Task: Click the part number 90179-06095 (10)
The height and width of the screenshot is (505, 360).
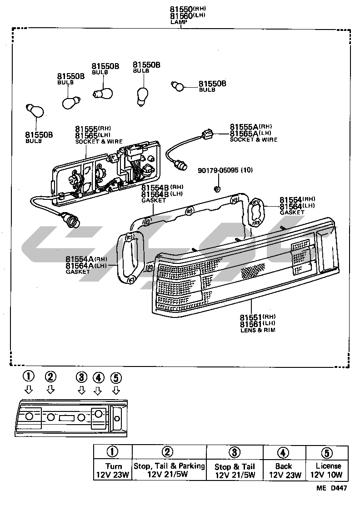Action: click(225, 170)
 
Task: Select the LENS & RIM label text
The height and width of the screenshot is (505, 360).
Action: click(258, 330)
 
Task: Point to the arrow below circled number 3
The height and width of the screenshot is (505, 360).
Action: click(81, 390)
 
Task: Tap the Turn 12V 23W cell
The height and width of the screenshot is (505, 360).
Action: click(113, 470)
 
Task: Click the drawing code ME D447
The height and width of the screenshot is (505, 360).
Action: click(333, 489)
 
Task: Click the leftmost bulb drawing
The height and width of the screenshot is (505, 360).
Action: click(35, 111)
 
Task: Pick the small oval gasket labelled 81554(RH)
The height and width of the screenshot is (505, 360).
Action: click(257, 212)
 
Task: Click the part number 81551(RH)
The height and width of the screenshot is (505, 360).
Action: click(258, 317)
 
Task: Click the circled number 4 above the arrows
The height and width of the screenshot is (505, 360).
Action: click(98, 377)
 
